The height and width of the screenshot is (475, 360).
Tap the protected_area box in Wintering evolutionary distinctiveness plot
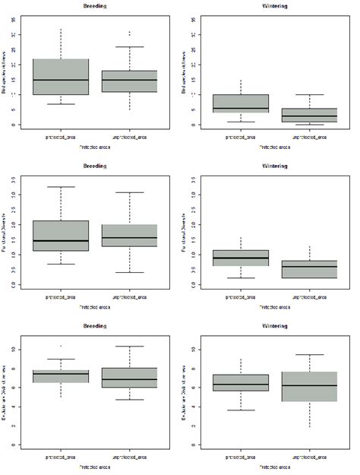(240, 383)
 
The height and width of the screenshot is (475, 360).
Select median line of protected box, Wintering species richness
(240, 108)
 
